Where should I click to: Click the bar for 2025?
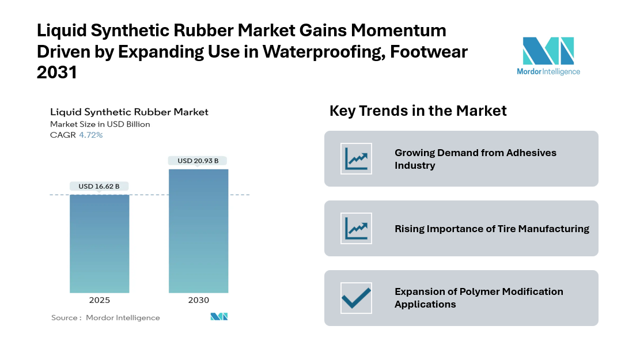100,244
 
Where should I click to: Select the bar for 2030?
198,231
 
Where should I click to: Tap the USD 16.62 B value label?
99,187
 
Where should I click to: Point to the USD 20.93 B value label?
198,161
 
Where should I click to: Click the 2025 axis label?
100,300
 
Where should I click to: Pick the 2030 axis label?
198,300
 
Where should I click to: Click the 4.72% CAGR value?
90,135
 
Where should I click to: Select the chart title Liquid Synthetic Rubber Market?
129,112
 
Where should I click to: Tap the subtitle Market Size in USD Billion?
100,124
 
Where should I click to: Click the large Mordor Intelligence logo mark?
548,51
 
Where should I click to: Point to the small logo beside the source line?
219,316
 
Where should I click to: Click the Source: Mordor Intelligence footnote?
105,317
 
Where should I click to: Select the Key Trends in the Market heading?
418,111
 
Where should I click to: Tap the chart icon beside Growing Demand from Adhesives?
357,159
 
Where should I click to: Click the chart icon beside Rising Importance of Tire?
357,229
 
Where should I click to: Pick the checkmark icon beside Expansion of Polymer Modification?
357,298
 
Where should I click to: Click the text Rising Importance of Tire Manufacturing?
492,229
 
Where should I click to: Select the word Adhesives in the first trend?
531,153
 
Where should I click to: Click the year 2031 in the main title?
56,73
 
